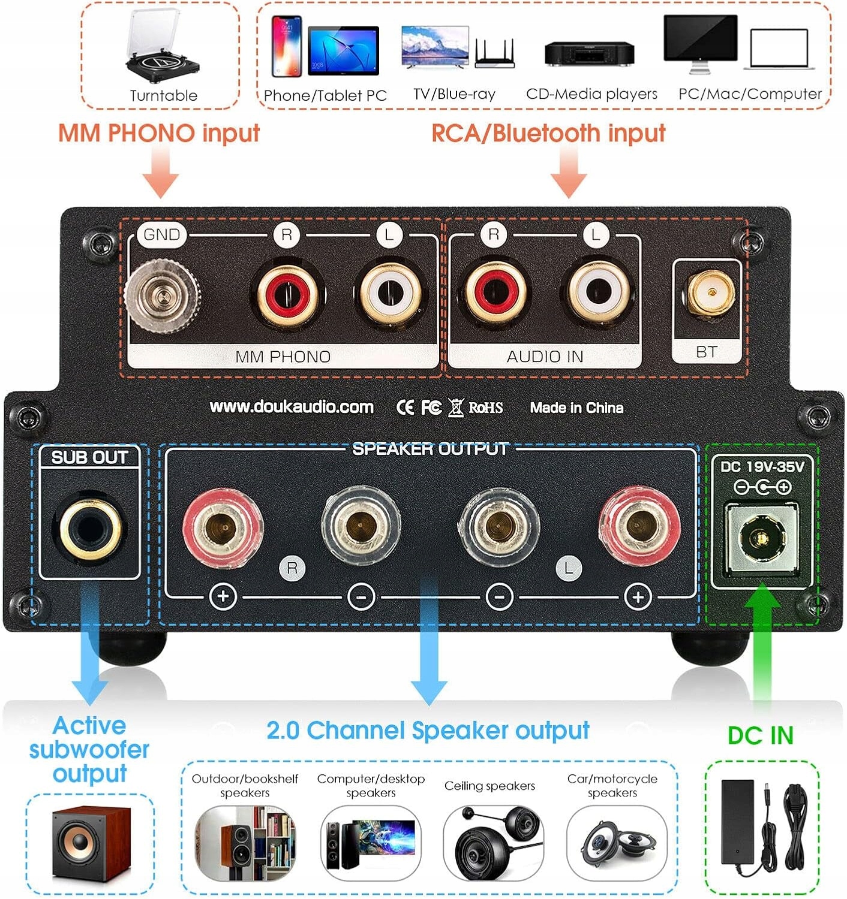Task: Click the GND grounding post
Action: coord(162,295)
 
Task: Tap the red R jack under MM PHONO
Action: coord(287,294)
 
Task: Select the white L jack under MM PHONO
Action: coord(389,294)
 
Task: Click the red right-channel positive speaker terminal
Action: coord(223,528)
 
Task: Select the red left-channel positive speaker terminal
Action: coord(638,527)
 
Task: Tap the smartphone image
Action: coord(287,46)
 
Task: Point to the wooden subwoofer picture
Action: coord(91,844)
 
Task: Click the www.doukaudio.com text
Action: coord(292,407)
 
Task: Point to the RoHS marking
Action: coord(485,408)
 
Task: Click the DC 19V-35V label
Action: coord(762,466)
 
